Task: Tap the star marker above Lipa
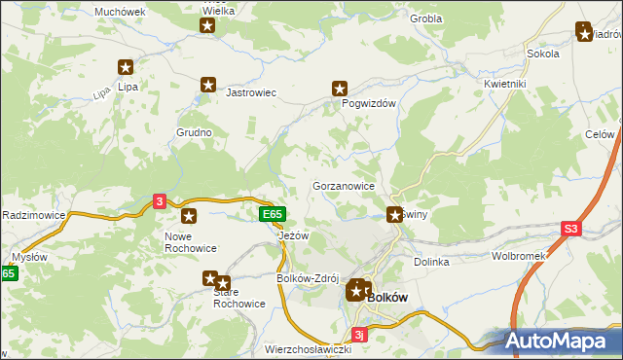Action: click(126, 67)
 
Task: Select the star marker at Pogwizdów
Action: click(340, 88)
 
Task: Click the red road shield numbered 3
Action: click(160, 201)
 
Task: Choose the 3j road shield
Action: click(359, 336)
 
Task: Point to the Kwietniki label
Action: click(504, 85)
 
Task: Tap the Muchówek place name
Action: click(120, 13)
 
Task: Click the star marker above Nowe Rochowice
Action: click(189, 216)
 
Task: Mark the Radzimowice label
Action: click(33, 214)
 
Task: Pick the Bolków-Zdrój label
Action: click(308, 279)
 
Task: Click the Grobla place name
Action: click(426, 18)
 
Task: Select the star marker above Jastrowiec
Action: click(207, 86)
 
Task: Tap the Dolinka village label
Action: click(431, 262)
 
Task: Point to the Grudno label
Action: click(194, 131)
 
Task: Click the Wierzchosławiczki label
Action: click(308, 348)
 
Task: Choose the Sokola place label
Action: click(542, 54)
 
